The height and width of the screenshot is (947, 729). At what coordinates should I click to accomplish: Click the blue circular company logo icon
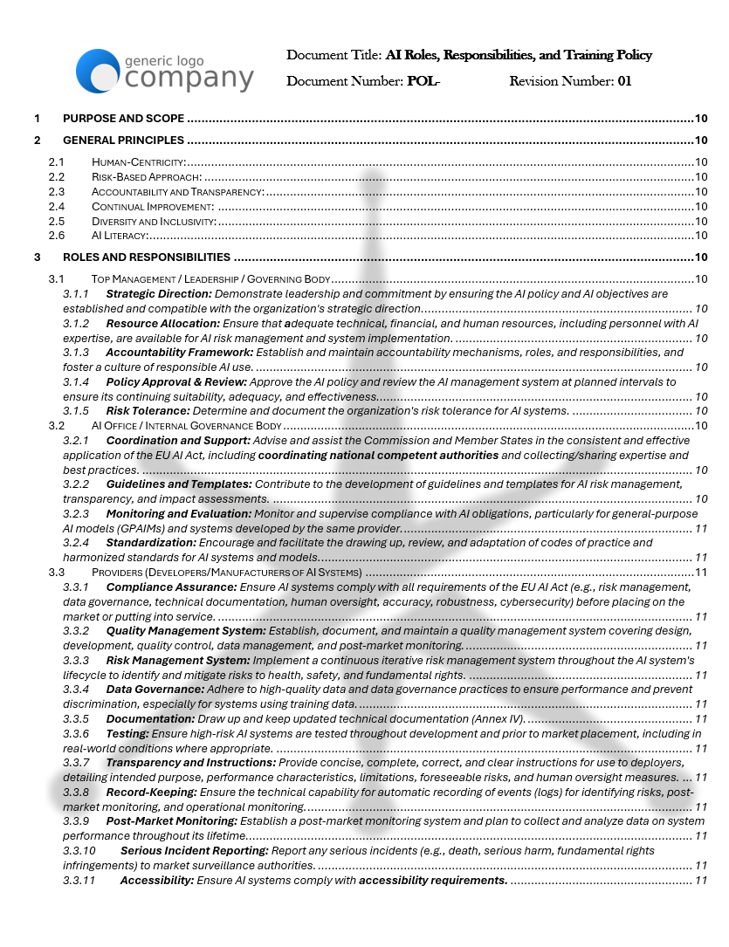coord(97,71)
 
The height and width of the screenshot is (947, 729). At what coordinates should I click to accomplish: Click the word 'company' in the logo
coord(189,79)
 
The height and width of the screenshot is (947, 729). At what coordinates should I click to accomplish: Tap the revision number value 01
coord(624,82)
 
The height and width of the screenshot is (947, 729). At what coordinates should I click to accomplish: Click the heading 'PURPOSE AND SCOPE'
coord(123,119)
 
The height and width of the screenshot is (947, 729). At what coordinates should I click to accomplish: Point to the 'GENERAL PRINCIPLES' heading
coord(123,141)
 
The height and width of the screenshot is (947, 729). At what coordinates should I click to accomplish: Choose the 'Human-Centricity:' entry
coord(139,161)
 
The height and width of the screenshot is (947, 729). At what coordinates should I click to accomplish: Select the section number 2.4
coord(57,206)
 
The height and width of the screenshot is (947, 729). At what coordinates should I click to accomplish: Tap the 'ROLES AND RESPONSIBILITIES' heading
coord(147,257)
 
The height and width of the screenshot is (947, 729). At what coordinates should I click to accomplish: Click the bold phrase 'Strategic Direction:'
coord(159,294)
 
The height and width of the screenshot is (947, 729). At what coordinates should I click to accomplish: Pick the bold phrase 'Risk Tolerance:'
coord(148,411)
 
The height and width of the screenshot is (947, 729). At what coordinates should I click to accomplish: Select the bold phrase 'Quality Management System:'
coord(186,631)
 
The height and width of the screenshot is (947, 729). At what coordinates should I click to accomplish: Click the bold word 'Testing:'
coord(127,734)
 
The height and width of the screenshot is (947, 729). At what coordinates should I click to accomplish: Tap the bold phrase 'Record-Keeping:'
coord(152,793)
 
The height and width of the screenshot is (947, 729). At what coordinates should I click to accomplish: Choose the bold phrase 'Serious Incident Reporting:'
coord(195,851)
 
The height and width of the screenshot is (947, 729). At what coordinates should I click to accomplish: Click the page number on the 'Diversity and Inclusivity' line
coord(700,221)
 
